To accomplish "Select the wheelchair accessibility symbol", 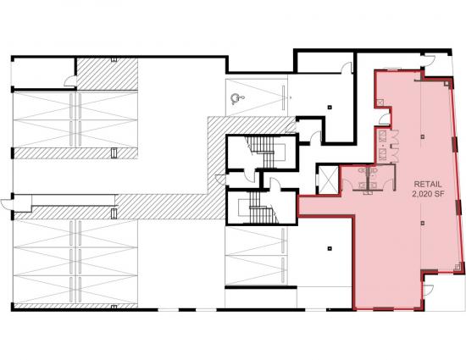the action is click(237, 98).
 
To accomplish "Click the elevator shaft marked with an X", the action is click(328, 180).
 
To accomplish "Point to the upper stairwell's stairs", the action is click(262, 152).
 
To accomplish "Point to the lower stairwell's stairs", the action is click(261, 208).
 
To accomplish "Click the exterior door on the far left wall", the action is click(7, 204).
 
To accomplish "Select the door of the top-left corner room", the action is click(70, 81).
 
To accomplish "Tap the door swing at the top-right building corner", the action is click(430, 58).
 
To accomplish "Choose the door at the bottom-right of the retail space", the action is click(429, 290).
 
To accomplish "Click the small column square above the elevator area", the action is click(330, 107).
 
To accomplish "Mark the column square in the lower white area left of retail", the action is click(330, 248).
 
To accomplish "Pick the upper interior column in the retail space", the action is click(423, 136).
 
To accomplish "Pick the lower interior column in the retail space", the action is click(423, 223).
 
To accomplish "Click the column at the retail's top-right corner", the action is click(447, 83).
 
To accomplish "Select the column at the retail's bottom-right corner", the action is click(457, 267).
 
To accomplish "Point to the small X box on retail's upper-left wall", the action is click(380, 102).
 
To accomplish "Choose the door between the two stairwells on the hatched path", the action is click(220, 180).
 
